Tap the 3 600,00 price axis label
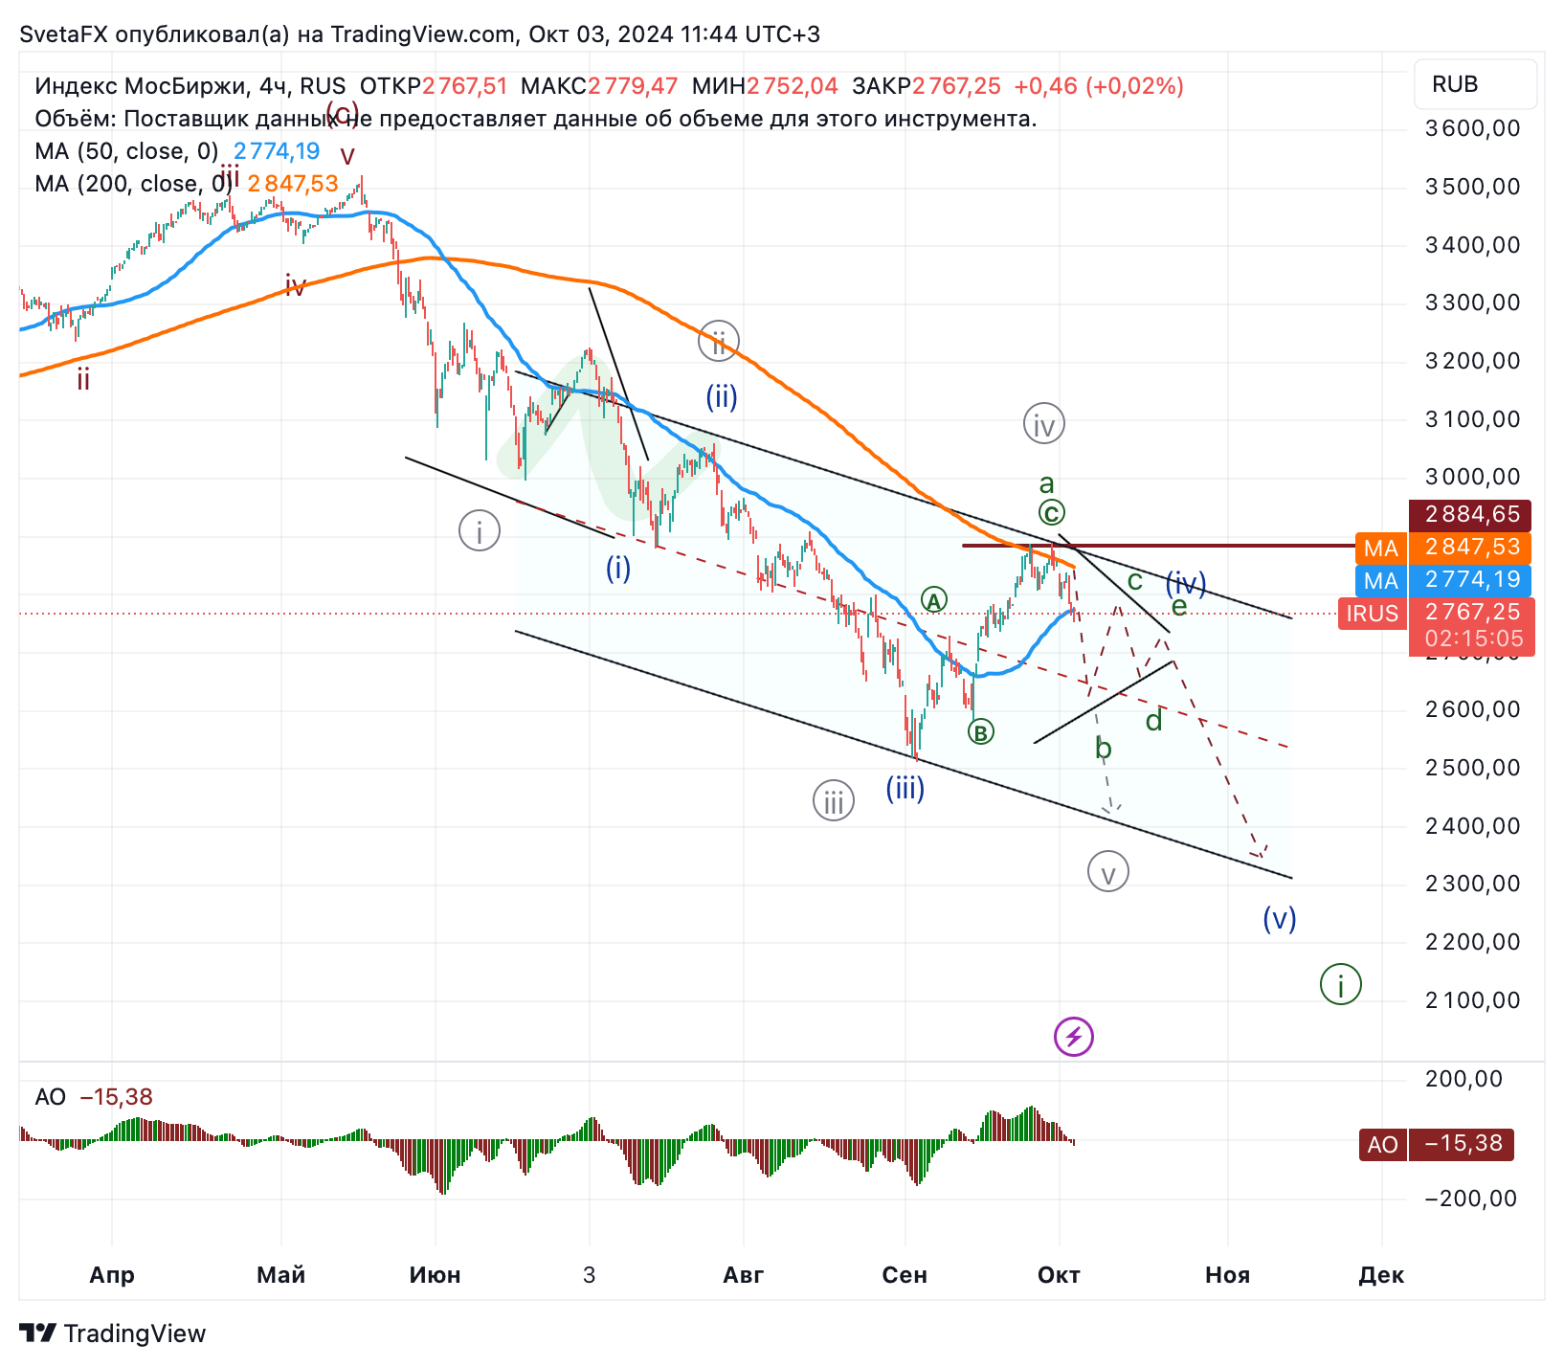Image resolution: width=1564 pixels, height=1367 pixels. coord(1472,128)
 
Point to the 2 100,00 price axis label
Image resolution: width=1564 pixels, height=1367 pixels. coord(1472,1000)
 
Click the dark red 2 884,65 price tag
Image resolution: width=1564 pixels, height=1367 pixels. coord(1471,514)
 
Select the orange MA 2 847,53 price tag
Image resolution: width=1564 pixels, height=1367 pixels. coord(1444,548)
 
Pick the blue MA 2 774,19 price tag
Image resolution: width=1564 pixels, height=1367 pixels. coord(1444,580)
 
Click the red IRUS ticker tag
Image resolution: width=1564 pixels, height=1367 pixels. coord(1374,614)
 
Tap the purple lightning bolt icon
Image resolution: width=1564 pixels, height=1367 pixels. coord(1073,1037)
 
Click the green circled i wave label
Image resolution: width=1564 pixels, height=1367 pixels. coord(1340,984)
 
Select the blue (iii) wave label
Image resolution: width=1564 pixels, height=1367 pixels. coord(905,789)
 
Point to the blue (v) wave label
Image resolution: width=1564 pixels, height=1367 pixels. coord(1279,919)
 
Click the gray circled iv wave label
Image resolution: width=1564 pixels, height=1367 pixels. coord(1043,424)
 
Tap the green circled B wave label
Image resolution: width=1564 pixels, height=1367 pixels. coord(980,732)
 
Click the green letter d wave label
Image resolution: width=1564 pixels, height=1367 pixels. coord(1154,721)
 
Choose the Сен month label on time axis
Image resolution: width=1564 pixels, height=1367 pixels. coord(905,1275)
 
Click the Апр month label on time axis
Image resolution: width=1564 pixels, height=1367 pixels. coord(112,1275)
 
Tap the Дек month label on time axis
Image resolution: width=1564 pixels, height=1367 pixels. coord(1381,1275)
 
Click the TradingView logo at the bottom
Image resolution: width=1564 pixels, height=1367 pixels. coord(113,1333)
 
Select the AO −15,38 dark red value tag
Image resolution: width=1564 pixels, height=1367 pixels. coord(1436,1144)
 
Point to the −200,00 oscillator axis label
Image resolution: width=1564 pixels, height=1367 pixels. coord(1470,1199)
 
